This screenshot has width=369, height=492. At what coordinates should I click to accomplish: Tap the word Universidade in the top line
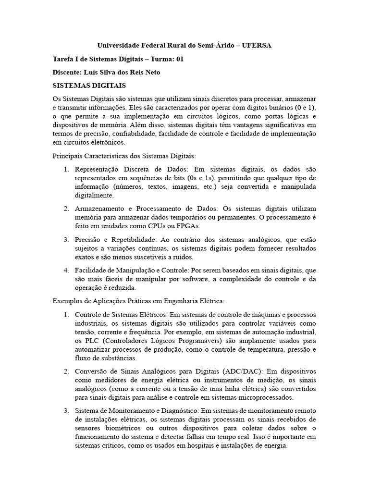point(119,45)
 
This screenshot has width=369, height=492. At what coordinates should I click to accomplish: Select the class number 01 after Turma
point(180,59)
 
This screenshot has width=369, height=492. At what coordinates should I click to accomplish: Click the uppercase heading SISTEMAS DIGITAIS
point(89,86)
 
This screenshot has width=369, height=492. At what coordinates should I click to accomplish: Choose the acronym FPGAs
point(188,226)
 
